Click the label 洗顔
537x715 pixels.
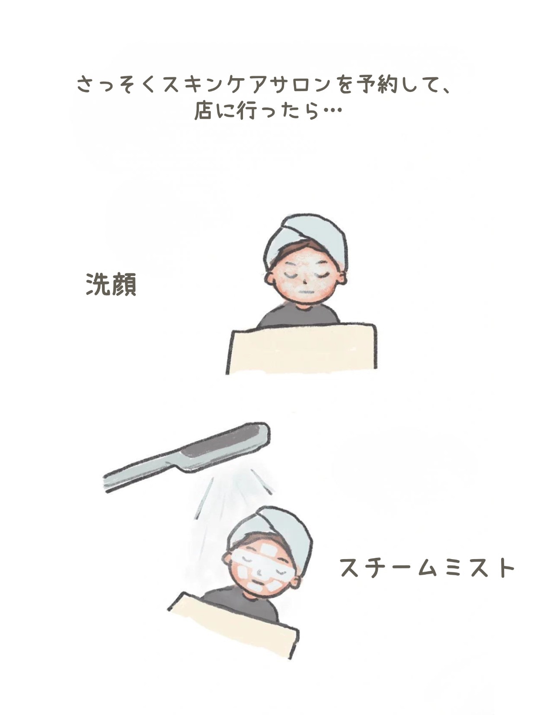(112, 285)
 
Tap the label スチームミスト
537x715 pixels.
(427, 568)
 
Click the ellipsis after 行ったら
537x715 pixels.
(333, 112)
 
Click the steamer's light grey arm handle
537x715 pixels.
(138, 477)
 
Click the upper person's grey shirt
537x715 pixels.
(298, 317)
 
